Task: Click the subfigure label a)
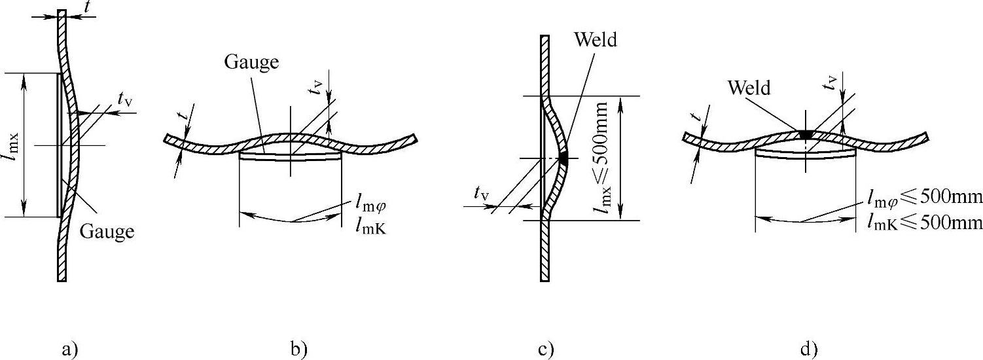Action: (x=70, y=349)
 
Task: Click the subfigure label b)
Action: (x=298, y=349)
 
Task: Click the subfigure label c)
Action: (x=546, y=349)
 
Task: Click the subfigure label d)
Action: (x=809, y=349)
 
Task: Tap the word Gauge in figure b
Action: (x=252, y=62)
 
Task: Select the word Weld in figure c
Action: (x=596, y=40)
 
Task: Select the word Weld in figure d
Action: (x=752, y=87)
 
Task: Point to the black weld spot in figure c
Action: (x=563, y=156)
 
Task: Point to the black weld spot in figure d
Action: (x=806, y=134)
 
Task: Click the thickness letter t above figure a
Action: (x=88, y=9)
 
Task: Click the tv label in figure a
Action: (x=124, y=98)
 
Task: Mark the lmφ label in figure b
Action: (x=370, y=204)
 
